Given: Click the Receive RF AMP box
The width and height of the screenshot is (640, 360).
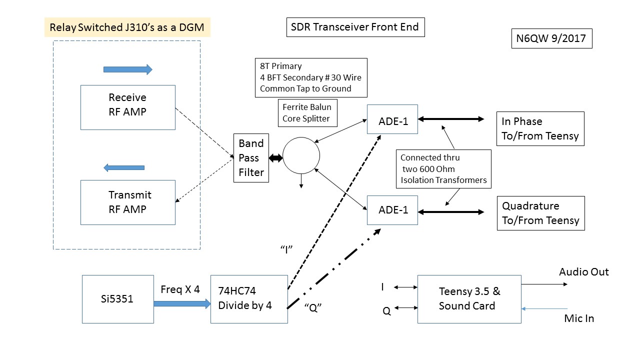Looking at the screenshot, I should [127, 107].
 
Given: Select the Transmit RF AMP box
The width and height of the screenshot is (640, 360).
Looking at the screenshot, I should [127, 202].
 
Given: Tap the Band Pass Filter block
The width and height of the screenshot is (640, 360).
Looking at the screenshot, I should [251, 158].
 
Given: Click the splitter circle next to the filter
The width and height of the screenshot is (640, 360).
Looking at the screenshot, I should [301, 156].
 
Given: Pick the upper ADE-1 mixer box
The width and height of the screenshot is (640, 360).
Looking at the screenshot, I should [392, 119].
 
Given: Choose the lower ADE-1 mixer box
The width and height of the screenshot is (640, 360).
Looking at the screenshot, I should [392, 210].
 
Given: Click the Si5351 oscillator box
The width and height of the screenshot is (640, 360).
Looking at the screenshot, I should [117, 299].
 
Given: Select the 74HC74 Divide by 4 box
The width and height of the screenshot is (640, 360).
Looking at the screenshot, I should [249, 298].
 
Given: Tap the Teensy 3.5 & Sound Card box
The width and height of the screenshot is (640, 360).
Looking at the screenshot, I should [469, 298].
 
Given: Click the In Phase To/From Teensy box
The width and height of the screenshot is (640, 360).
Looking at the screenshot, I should [540, 129].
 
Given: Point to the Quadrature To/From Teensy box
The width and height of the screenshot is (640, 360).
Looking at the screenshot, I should [540, 213].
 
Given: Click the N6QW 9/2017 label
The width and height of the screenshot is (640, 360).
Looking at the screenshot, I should [551, 38].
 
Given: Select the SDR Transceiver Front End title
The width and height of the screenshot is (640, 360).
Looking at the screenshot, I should [355, 27].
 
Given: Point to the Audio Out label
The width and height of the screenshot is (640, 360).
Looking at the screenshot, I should [584, 272].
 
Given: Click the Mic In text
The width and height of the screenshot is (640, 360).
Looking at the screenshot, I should [579, 318].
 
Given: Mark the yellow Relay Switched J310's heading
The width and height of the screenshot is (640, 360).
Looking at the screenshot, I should [127, 27].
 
